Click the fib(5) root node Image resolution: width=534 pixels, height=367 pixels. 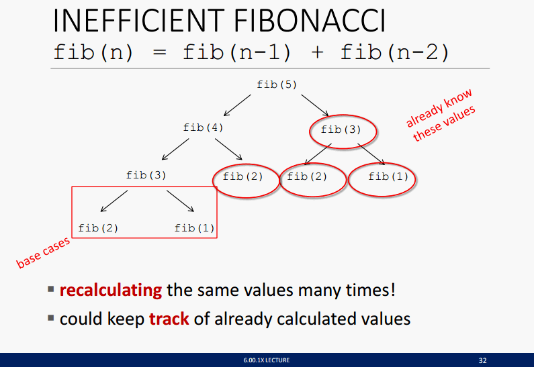277,85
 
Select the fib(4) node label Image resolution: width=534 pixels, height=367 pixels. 204,127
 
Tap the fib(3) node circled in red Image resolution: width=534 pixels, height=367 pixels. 341,129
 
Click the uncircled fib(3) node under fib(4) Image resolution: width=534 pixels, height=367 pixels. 146,175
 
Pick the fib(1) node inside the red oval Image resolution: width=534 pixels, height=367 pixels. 388,176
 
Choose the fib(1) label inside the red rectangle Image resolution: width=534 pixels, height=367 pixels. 195,228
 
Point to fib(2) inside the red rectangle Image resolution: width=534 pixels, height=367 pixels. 98,228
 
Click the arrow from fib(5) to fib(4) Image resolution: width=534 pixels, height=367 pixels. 237,105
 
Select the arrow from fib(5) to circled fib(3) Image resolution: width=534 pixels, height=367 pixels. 315,105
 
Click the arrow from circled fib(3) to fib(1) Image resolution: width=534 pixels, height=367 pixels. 371,154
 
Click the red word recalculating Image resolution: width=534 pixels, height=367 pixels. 111,291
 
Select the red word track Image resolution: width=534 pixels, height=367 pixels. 169,319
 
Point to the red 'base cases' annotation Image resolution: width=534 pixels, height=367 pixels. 43,252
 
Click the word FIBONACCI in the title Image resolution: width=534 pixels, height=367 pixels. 310,20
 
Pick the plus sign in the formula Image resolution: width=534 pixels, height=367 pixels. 317,53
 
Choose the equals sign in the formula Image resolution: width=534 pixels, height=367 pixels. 160,53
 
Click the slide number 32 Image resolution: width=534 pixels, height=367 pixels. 482,360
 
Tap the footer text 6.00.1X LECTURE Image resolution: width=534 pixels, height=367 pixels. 267,360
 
